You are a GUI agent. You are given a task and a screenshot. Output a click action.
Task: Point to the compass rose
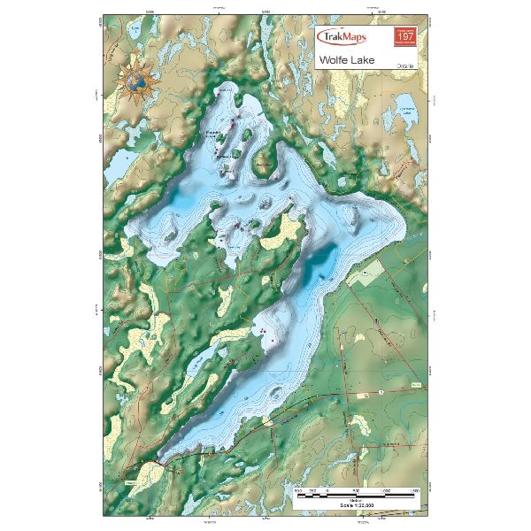137,81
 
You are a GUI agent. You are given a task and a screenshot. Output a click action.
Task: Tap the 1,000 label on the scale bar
387,489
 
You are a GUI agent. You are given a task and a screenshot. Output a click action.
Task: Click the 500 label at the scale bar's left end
299,489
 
